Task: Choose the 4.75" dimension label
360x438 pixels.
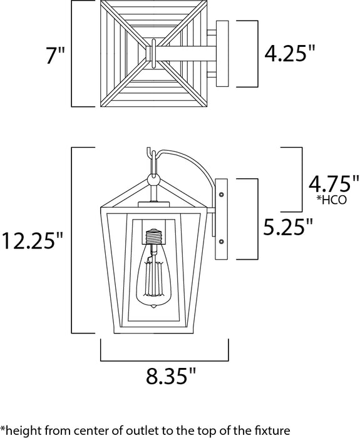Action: coord(331,185)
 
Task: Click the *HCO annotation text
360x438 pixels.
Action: coord(332,201)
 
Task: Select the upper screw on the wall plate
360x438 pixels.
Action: coord(221,195)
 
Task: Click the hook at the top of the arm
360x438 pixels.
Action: coord(147,153)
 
